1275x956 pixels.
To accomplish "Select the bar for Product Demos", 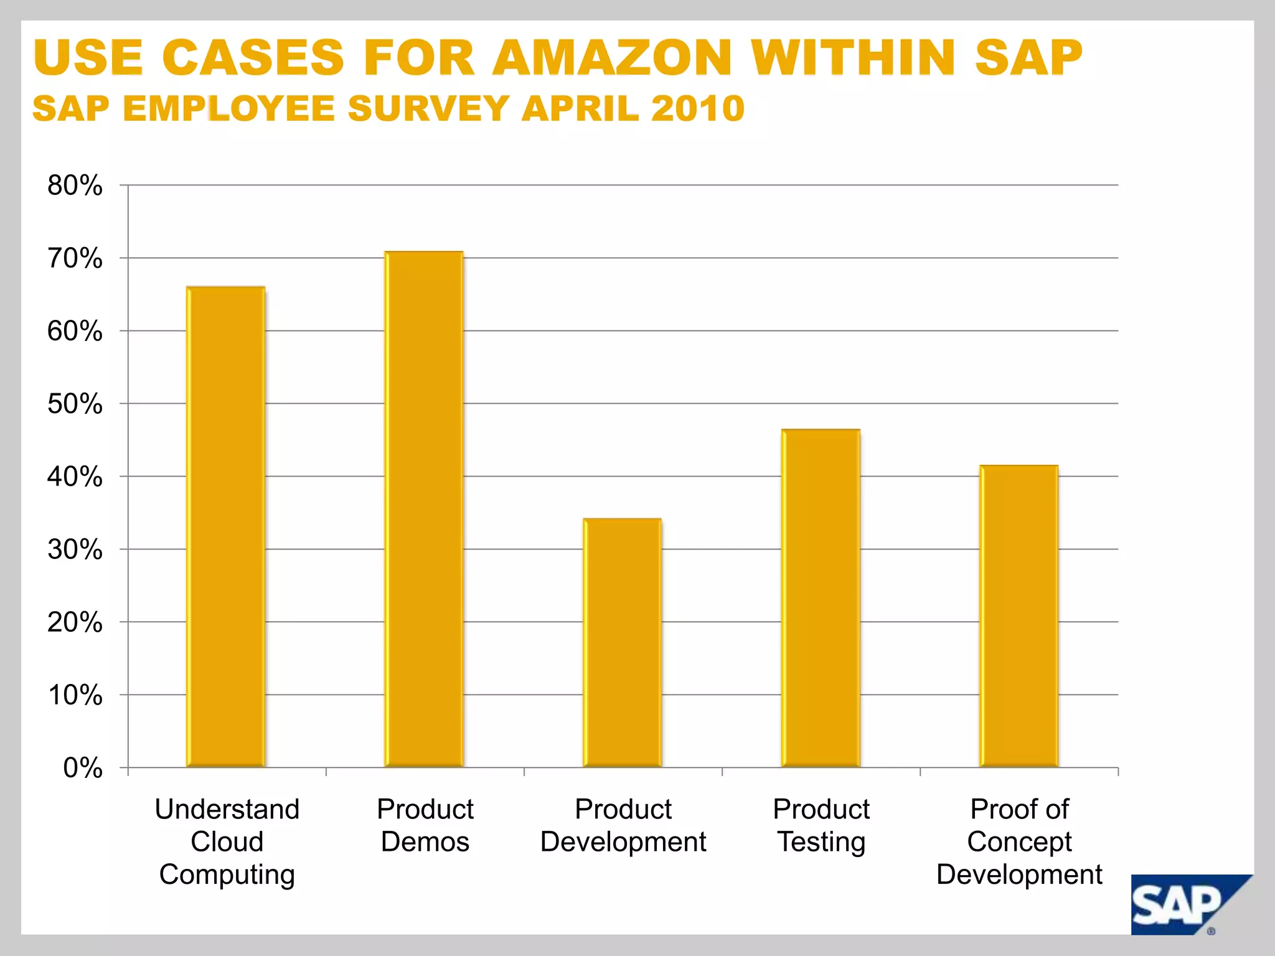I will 424,508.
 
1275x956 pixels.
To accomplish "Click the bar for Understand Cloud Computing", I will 226,527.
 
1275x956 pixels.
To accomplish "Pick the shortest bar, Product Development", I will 622,642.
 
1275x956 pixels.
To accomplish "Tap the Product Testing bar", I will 821,597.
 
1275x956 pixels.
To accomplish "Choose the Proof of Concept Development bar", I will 1019,616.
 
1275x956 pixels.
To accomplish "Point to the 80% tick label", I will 75,185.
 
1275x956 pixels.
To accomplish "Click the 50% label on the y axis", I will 75,404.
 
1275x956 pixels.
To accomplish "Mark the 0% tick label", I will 83,768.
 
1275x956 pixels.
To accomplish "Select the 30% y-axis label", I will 75,550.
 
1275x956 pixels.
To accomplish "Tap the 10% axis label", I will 75,695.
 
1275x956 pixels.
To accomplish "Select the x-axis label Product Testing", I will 821,825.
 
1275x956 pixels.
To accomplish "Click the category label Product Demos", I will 425,825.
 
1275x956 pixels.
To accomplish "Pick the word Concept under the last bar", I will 1019,842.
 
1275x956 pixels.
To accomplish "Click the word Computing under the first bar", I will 227,874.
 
